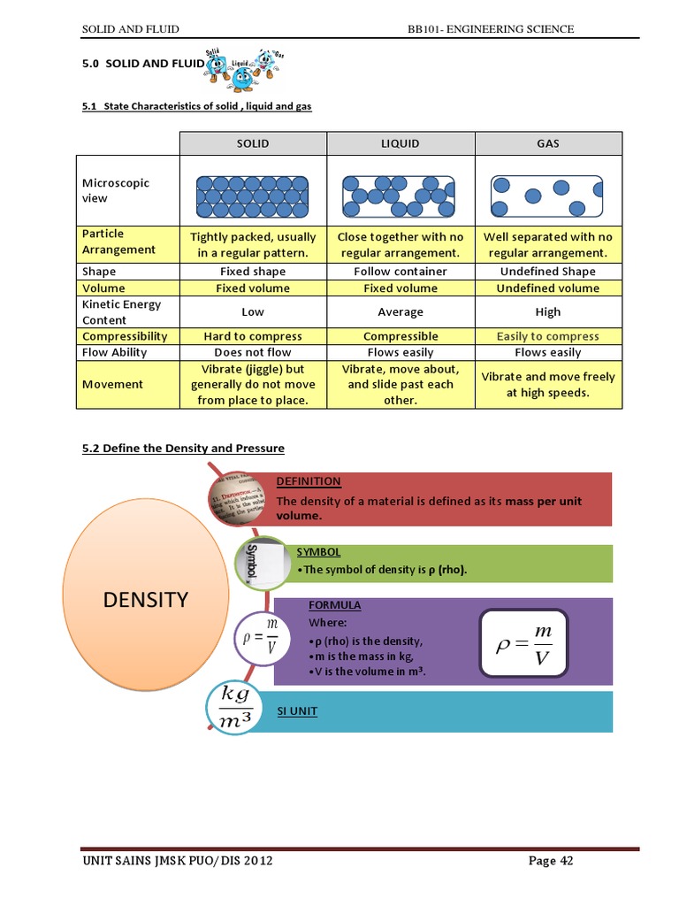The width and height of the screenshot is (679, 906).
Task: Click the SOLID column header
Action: pos(253,143)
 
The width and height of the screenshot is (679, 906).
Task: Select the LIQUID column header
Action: pos(401,143)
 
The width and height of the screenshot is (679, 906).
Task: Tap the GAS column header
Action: pos(547,143)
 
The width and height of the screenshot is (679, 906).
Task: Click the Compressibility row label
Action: pos(125,336)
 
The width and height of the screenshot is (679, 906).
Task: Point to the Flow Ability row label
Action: pos(115,352)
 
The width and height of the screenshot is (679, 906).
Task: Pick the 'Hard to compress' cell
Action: pos(253,336)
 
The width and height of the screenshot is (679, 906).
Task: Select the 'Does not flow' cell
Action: pos(253,352)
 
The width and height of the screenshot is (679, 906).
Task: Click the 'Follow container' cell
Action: pos(401,272)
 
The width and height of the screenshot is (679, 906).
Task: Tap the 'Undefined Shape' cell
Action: pos(547,272)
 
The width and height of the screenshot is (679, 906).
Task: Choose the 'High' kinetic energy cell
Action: pos(547,311)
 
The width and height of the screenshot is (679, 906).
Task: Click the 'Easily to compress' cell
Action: pos(547,336)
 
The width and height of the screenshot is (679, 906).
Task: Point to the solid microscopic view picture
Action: pos(253,196)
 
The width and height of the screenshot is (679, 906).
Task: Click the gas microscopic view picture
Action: pos(547,196)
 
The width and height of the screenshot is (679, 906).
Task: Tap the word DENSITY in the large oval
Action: pos(146,599)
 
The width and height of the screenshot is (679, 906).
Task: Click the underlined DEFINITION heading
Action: pos(308,481)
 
